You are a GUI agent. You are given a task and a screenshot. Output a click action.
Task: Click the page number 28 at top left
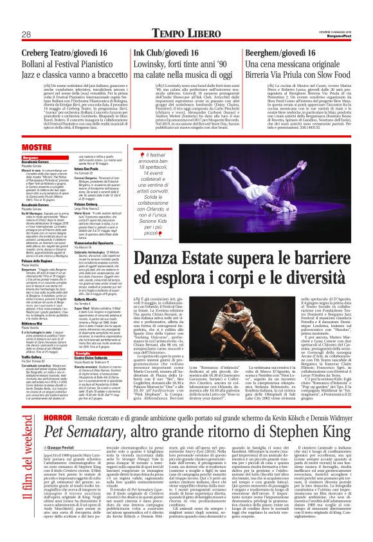(x=26, y=33)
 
